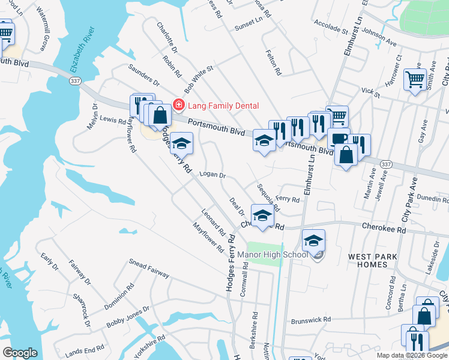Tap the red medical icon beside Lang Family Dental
(x=178, y=106)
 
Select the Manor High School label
(x=273, y=254)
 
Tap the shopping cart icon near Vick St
(x=415, y=79)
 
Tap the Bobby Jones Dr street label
(x=128, y=317)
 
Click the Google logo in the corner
(x=20, y=353)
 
